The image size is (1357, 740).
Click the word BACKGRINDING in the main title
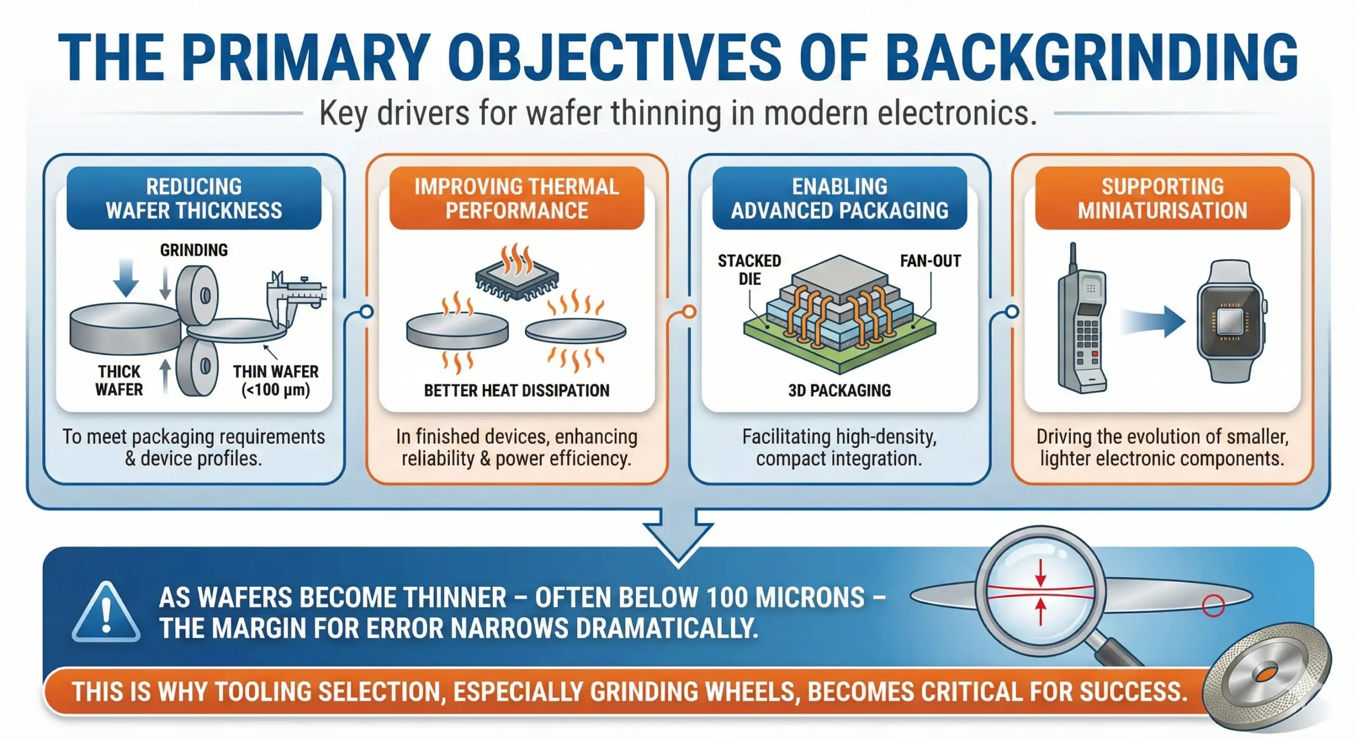pos(1091,57)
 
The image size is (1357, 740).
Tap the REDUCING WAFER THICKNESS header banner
pos(194,198)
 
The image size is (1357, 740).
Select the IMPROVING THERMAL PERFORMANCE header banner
pos(517,198)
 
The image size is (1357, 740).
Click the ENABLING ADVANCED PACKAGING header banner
pos(840,198)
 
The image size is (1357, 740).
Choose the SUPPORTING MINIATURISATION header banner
pos(1162,198)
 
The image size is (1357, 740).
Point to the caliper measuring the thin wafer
pos(294,297)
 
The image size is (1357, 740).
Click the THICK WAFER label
pos(119,381)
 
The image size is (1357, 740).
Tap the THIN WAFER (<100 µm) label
pos(276,381)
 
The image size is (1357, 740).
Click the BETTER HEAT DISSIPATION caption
pos(517,391)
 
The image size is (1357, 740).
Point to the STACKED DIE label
pos(750,270)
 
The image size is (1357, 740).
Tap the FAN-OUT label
pos(930,261)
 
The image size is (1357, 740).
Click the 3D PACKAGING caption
pos(840,391)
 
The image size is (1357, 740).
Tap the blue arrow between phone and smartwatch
pos(1152,321)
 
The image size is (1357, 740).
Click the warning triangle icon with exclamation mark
pos(107,612)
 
